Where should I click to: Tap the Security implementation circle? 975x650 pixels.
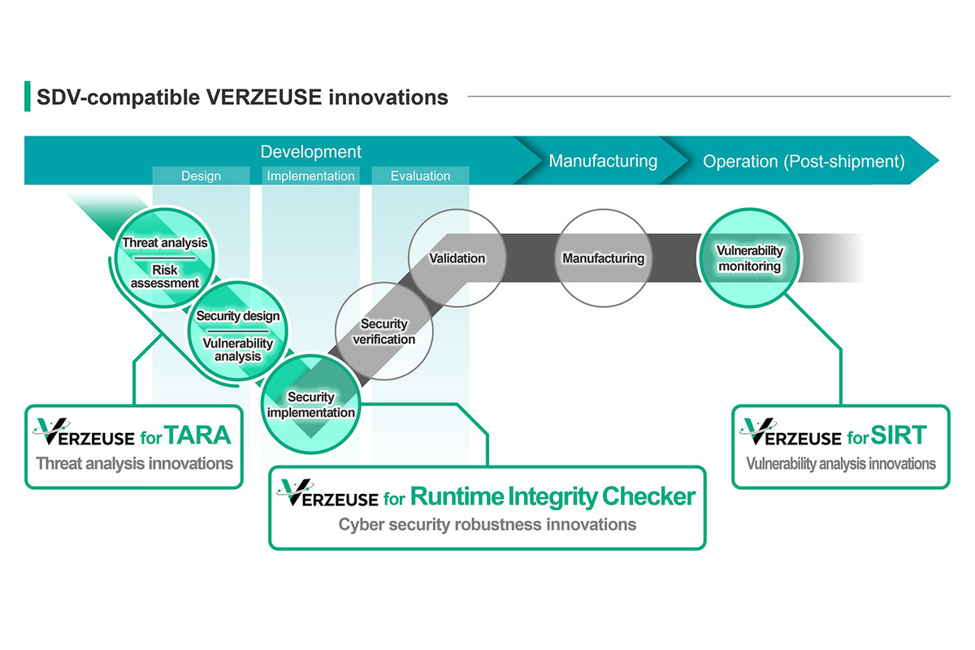310,405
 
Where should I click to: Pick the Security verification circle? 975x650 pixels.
383,331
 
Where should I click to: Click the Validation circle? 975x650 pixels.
457,258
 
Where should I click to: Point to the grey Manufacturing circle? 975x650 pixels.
603,258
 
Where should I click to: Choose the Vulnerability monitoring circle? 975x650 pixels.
749,258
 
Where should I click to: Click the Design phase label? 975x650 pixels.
201,175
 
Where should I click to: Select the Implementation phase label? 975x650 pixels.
310,175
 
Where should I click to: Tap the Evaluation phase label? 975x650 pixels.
420,175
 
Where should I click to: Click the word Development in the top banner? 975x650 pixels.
310,152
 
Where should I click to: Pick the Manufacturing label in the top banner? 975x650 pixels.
603,161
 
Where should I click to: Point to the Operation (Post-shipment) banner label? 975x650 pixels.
803,161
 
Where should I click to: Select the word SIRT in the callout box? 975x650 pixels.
899,435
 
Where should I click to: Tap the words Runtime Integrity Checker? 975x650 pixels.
552,496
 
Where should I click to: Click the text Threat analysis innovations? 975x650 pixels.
134,464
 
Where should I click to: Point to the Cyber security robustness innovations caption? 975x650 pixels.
487,524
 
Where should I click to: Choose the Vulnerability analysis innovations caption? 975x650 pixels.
841,464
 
